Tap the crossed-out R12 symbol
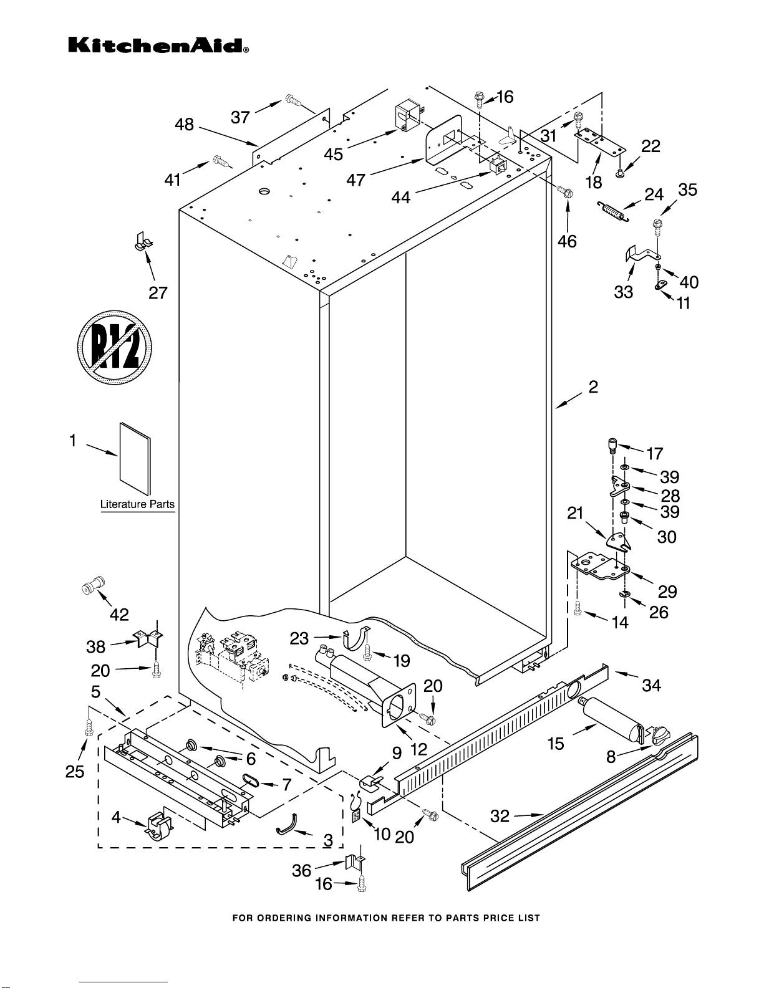[115, 347]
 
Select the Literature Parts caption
[137, 504]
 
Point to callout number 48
[184, 125]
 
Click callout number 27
[158, 292]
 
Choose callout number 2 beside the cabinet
[593, 386]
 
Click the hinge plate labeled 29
[601, 567]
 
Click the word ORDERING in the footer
[290, 918]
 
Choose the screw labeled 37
[293, 99]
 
